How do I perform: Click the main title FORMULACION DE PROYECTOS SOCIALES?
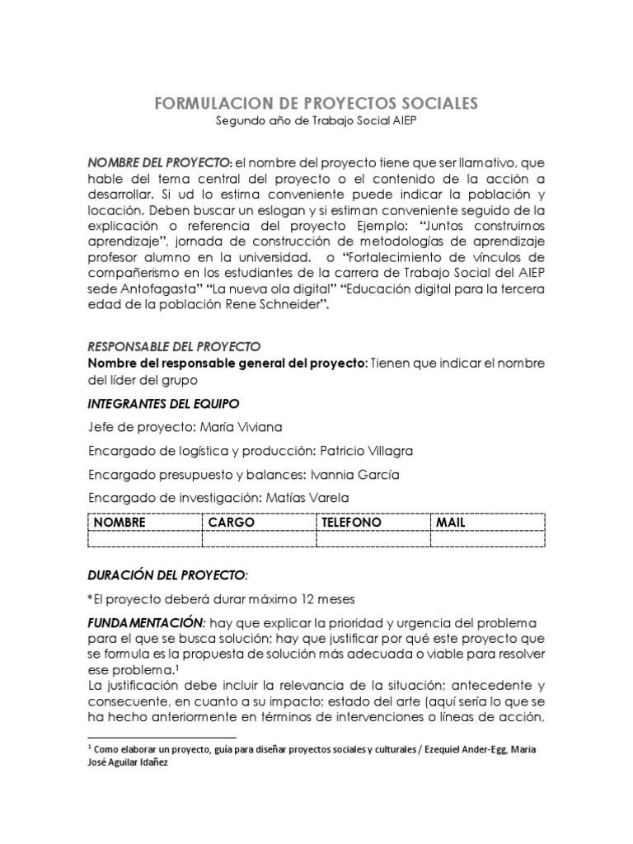coord(316,103)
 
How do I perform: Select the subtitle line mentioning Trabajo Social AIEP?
coord(316,122)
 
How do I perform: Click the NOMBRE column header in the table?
coord(119,523)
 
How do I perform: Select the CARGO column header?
coord(232,523)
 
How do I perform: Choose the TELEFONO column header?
coord(351,523)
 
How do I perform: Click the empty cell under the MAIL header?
coord(487,539)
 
